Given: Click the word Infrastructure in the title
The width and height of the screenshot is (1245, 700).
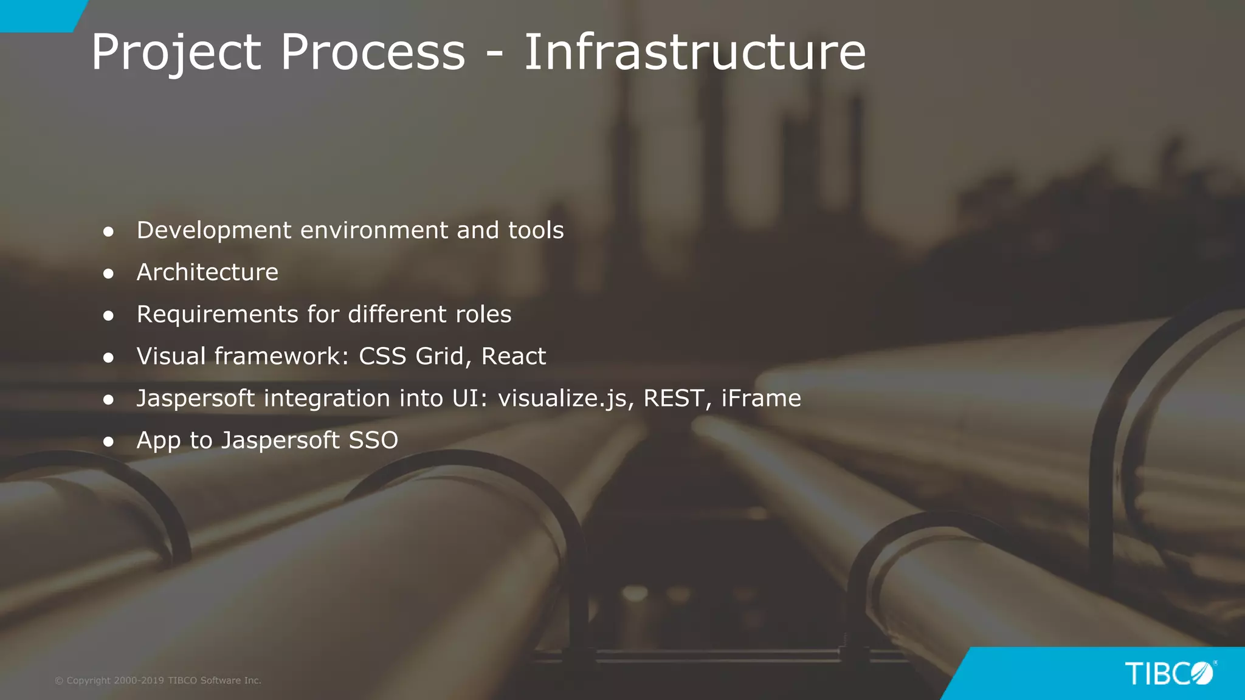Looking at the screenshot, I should (694, 52).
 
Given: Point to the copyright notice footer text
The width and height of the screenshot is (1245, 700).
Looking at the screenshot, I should (158, 681).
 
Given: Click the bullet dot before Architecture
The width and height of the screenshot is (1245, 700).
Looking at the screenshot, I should (109, 274).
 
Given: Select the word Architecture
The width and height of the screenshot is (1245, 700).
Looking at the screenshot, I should (207, 272).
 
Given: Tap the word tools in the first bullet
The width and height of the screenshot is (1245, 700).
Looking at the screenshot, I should (536, 230).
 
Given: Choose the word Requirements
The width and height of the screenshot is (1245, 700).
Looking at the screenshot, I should (217, 315).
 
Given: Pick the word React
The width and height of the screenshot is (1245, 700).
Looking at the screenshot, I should (513, 357).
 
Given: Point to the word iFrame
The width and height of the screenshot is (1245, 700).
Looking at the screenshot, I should (761, 398).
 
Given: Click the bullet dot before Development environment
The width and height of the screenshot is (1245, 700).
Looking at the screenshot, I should (109, 232).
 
